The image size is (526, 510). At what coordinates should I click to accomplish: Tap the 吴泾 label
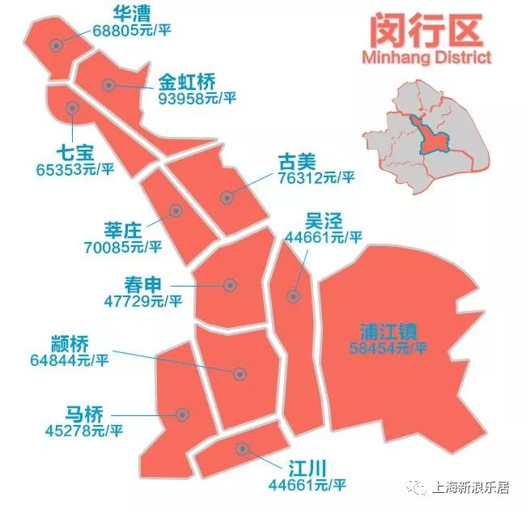323,220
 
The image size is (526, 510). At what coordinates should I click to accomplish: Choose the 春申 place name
143,283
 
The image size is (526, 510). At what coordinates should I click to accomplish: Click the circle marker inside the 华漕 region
55,45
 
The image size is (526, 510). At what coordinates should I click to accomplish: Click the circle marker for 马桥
183,415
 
